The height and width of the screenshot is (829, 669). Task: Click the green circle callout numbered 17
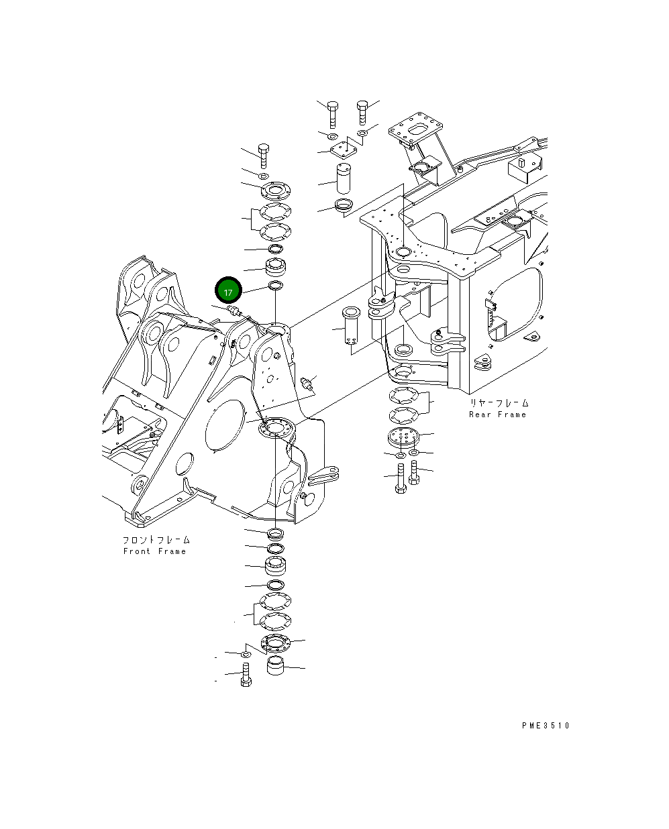click(x=227, y=292)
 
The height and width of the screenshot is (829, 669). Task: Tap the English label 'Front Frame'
click(x=154, y=551)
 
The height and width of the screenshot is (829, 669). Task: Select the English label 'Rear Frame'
click(x=498, y=414)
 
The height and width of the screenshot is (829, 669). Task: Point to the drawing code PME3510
click(x=545, y=725)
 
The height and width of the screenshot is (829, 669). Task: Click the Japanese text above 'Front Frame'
click(x=156, y=539)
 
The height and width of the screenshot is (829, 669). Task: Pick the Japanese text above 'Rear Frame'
click(x=499, y=403)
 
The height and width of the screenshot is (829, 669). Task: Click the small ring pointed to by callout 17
click(x=275, y=287)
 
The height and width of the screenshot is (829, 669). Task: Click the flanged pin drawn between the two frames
click(x=353, y=327)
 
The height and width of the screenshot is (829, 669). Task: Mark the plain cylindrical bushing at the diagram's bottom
click(x=276, y=667)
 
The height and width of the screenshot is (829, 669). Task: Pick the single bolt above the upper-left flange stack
click(x=263, y=155)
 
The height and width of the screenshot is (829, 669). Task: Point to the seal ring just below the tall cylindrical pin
click(x=344, y=205)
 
